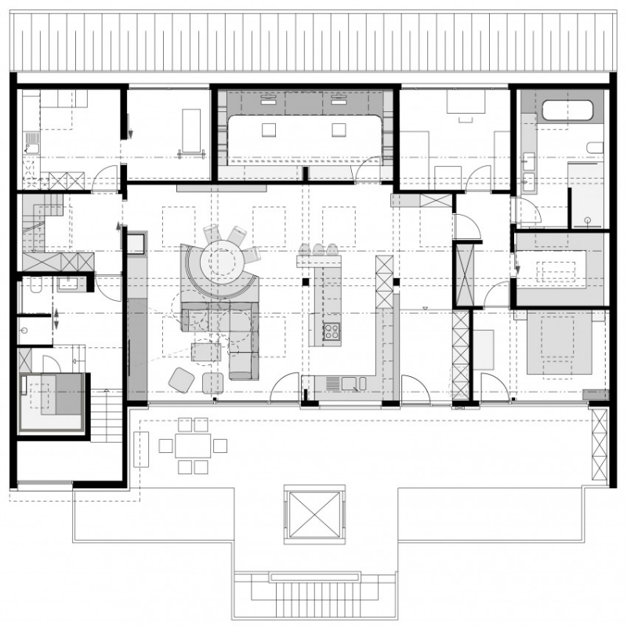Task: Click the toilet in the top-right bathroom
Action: (594, 148)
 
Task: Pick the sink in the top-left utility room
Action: (32, 143)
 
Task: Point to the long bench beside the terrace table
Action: (142, 448)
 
